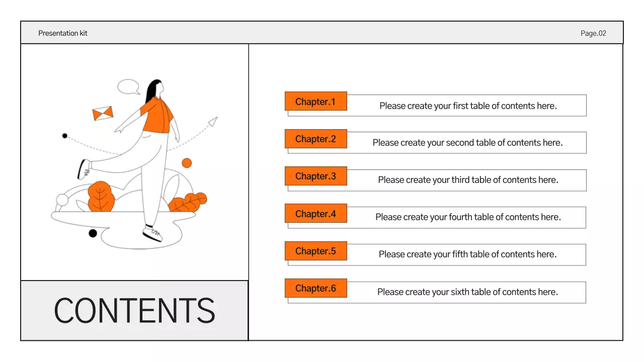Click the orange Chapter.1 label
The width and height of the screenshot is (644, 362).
[x=315, y=102]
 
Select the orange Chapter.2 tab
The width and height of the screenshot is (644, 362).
[x=315, y=139]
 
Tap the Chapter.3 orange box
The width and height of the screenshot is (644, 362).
[x=315, y=176]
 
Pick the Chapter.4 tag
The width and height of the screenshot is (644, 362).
[x=315, y=214]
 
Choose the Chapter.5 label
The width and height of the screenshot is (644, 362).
[x=315, y=251]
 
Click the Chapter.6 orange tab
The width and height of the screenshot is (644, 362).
[x=315, y=288]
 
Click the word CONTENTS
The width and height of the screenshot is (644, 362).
[x=134, y=311]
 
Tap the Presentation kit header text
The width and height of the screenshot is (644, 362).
[x=63, y=33]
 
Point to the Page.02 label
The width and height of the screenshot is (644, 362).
[x=593, y=33]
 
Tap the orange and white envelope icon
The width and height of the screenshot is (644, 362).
[x=103, y=114]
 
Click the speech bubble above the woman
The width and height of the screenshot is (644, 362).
[x=128, y=86]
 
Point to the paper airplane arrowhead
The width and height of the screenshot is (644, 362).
[x=213, y=122]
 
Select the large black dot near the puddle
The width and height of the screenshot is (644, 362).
[x=93, y=233]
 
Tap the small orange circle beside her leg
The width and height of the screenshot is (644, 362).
[x=187, y=163]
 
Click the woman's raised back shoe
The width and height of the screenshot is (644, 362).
[x=84, y=169]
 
